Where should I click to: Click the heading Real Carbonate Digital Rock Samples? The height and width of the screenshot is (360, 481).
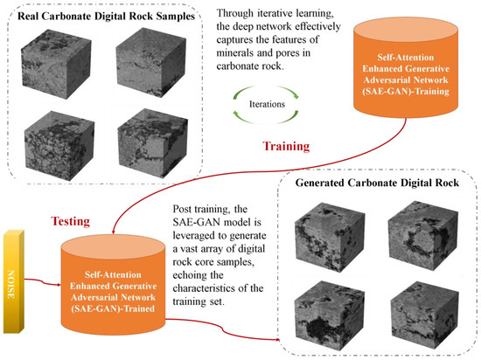pos(107,17)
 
